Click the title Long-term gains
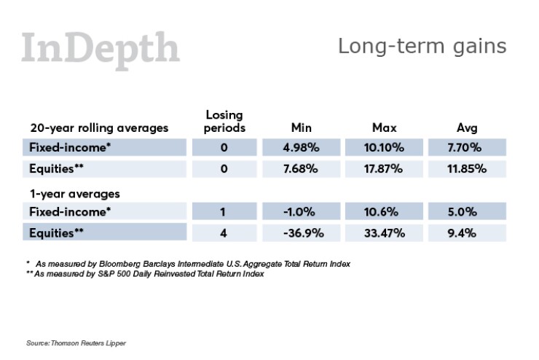422,46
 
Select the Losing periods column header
224,121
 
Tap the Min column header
301,128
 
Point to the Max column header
384,128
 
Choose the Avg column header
467,128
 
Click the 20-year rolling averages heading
99,128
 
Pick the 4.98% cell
301,147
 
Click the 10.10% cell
384,147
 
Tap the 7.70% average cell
467,147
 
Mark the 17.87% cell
384,169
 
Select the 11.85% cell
467,169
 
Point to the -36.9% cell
301,233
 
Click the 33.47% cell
384,233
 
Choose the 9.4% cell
467,233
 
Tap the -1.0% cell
301,212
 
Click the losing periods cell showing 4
224,233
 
